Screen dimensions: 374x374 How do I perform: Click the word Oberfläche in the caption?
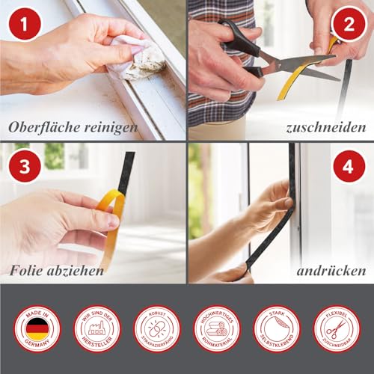coord(47,127)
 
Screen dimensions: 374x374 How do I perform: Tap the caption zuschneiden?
coord(320,127)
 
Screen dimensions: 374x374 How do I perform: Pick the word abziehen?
coord(78,270)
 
